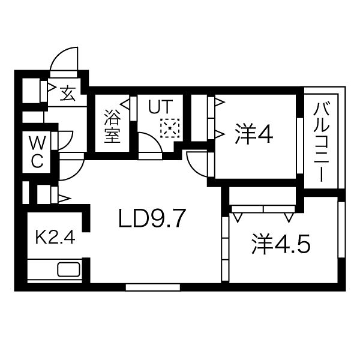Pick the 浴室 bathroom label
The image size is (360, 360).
[112, 124]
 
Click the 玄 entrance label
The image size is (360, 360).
[68, 94]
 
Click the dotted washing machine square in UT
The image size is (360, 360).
[170, 127]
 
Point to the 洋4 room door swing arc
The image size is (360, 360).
[196, 161]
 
